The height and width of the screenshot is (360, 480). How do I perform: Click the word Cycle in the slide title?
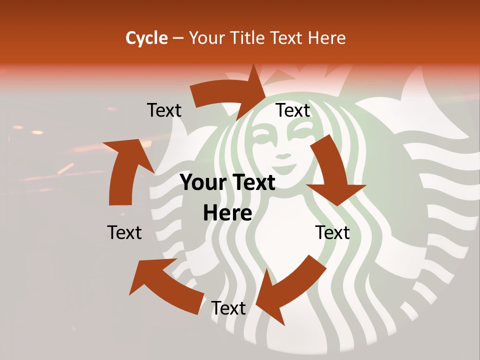(x=146, y=38)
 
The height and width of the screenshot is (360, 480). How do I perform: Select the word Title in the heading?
(x=247, y=38)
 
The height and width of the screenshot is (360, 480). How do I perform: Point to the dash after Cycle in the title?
(x=178, y=38)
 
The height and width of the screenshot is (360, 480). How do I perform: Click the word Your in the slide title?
(x=206, y=38)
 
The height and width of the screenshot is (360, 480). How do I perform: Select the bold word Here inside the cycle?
(x=227, y=213)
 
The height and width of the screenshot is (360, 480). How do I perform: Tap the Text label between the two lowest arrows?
(x=228, y=308)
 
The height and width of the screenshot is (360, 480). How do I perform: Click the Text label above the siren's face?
(x=293, y=110)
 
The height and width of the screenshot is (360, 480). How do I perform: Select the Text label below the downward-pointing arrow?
(x=332, y=232)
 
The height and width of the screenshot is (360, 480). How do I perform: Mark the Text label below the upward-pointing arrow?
(x=124, y=232)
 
